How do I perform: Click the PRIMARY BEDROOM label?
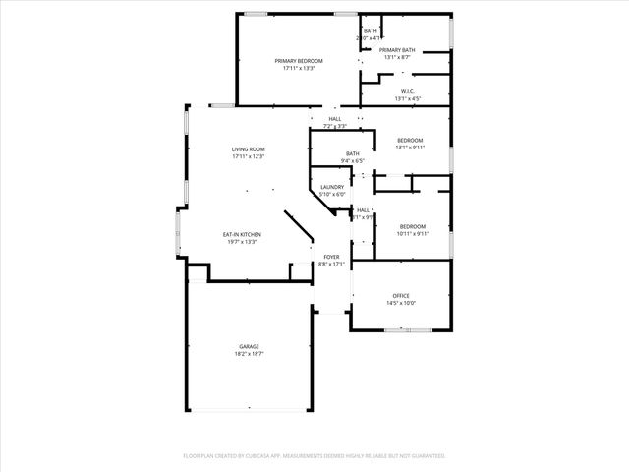pyautogui.click(x=298, y=61)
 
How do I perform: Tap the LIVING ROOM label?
pyautogui.click(x=249, y=149)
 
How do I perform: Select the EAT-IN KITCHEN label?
pyautogui.click(x=241, y=234)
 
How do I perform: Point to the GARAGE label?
pyautogui.click(x=249, y=346)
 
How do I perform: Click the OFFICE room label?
pyautogui.click(x=401, y=296)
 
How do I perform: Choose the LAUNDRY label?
pyautogui.click(x=332, y=187)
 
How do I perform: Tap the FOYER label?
pyautogui.click(x=332, y=257)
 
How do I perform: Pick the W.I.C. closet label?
pyautogui.click(x=408, y=92)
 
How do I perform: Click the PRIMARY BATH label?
pyautogui.click(x=397, y=50)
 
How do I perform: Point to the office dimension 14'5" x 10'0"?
pyautogui.click(x=401, y=303)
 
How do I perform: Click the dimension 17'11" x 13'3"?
pyautogui.click(x=298, y=68)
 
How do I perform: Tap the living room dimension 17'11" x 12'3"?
pyautogui.click(x=249, y=156)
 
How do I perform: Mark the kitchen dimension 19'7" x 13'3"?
pyautogui.click(x=241, y=241)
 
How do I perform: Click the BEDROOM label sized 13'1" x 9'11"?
pyautogui.click(x=410, y=141)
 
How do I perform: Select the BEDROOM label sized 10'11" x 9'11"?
pyautogui.click(x=412, y=226)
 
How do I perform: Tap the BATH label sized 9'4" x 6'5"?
pyautogui.click(x=352, y=153)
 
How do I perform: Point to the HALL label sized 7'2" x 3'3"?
pyautogui.click(x=335, y=119)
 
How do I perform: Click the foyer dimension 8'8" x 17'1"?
pyautogui.click(x=332, y=264)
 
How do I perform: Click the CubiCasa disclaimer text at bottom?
pyautogui.click(x=314, y=456)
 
